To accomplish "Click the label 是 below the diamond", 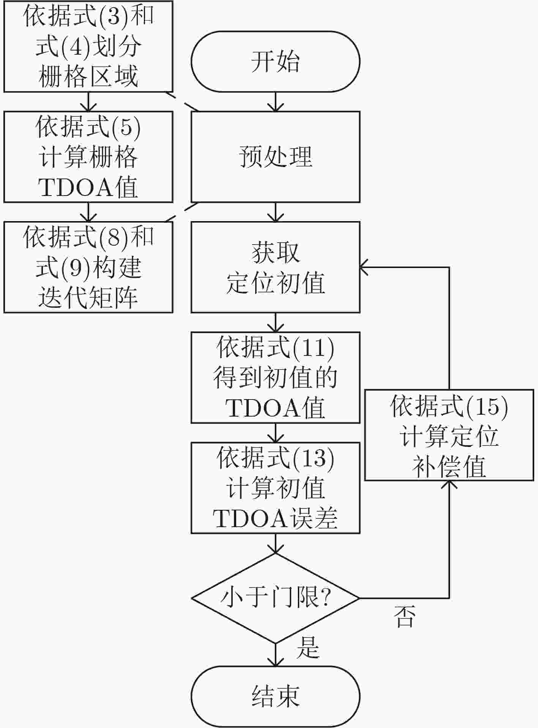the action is pyautogui.click(x=308, y=647).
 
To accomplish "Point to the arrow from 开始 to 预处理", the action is pyautogui.click(x=275, y=101).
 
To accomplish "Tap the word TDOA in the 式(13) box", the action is pyautogui.click(x=251, y=518).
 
